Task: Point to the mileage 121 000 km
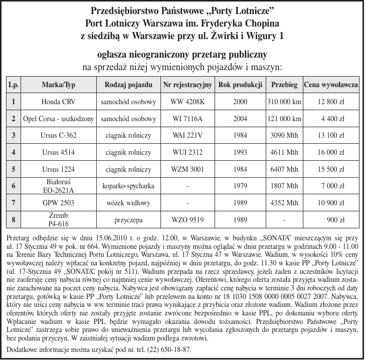284,119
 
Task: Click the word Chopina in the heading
258,24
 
